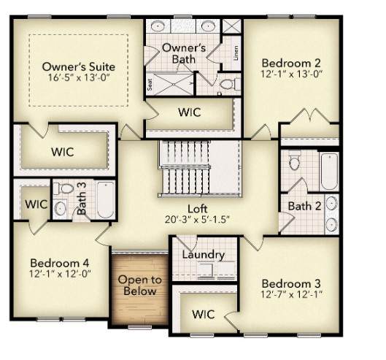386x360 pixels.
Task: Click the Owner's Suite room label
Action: coord(79,66)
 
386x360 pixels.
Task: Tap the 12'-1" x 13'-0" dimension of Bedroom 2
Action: coord(291,74)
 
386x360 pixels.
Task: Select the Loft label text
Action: coord(198,209)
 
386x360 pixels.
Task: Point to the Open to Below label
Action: coord(140,286)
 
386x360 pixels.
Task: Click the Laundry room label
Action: coord(204,255)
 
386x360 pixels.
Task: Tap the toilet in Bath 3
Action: coord(63,188)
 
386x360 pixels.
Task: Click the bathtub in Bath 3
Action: coord(105,199)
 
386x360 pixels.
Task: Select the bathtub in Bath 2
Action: coord(329,172)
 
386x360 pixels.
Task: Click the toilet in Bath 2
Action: coord(294,161)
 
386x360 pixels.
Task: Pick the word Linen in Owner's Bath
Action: coord(236,53)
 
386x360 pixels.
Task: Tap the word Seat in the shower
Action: coord(150,84)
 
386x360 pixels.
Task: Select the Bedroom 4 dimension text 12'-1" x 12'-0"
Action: coord(61,274)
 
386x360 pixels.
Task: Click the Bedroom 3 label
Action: coord(291,283)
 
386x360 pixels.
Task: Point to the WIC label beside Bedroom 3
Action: coord(204,314)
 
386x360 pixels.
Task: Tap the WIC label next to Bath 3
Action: coord(36,204)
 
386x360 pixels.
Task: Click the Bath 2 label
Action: coord(304,206)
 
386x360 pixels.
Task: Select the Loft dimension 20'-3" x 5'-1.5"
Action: coord(197,219)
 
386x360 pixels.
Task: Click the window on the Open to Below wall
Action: coord(140,327)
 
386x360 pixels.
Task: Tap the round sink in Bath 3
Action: coord(60,208)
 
